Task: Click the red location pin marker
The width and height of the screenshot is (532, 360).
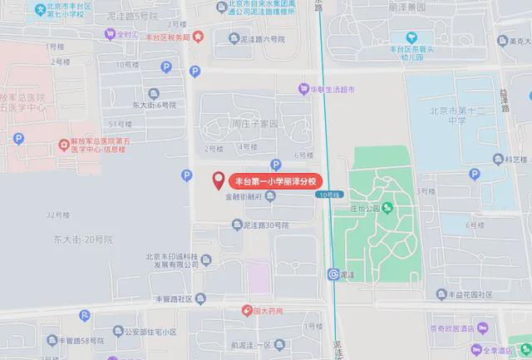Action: click(x=219, y=179)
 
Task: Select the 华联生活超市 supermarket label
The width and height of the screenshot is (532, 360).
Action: click(x=332, y=89)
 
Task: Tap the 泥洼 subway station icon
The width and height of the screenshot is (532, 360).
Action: click(x=334, y=274)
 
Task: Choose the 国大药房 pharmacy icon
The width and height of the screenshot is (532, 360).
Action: click(x=247, y=311)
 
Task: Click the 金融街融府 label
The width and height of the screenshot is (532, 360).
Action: click(x=244, y=197)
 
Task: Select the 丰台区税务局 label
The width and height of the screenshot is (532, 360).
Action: click(x=168, y=37)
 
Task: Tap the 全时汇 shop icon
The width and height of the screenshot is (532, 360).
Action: click(x=110, y=35)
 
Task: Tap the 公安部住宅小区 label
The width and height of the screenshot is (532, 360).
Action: click(x=145, y=332)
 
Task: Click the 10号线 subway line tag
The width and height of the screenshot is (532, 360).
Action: click(x=328, y=195)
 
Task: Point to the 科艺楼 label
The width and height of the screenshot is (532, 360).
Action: click(x=516, y=159)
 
